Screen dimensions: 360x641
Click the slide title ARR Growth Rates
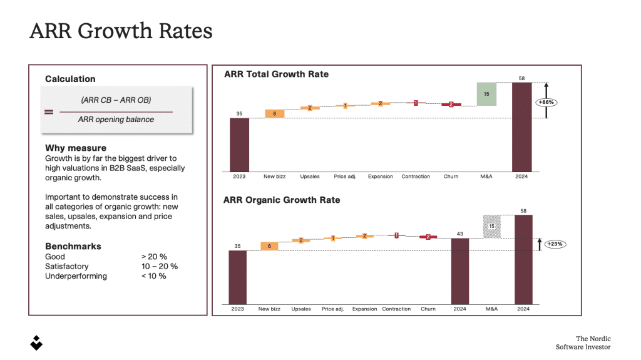pos(121,31)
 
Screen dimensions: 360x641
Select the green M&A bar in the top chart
pos(486,94)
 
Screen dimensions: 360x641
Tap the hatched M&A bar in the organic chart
pos(492,227)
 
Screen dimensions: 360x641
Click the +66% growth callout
pos(546,101)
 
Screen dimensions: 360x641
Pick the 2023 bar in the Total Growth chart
pos(239,145)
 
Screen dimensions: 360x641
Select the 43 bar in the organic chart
pos(460,270)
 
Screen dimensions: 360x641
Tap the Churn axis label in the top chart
pos(451,177)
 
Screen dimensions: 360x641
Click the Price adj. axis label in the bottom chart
pos(332,309)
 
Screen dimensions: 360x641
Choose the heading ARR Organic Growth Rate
pos(282,200)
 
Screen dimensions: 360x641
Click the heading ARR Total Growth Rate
pos(276,74)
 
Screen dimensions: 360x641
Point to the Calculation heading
pos(70,79)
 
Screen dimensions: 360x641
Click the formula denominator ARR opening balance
pos(116,120)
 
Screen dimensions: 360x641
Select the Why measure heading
pos(76,148)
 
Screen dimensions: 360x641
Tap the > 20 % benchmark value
pos(154,257)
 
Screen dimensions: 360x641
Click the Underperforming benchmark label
pos(76,276)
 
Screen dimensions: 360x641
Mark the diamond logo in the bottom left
pos(37,342)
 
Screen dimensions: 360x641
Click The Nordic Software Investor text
pos(584,342)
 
